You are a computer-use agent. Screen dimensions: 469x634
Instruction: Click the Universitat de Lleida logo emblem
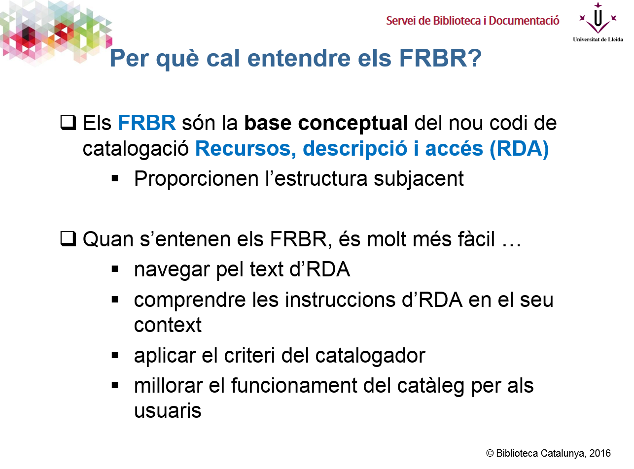[598, 19]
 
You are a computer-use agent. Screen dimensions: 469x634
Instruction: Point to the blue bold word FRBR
[146, 123]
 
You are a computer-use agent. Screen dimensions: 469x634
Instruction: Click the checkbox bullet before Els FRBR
[68, 123]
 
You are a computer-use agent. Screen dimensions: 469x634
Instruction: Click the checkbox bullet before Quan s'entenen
[68, 239]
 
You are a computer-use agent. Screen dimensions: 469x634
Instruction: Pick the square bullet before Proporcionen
[115, 179]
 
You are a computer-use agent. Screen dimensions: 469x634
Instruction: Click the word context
[168, 326]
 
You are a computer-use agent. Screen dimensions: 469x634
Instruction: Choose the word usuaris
[168, 411]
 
